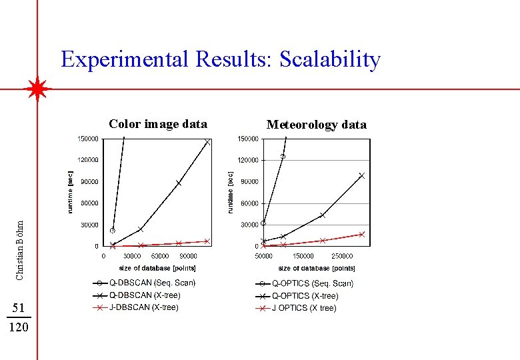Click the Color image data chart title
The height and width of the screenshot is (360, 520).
pyautogui.click(x=158, y=124)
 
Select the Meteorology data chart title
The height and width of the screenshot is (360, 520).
pyautogui.click(x=316, y=125)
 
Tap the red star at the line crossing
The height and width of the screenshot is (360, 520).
pyautogui.click(x=37, y=89)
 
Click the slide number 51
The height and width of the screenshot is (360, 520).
pyautogui.click(x=19, y=307)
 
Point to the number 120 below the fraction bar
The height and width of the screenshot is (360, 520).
pyautogui.click(x=19, y=327)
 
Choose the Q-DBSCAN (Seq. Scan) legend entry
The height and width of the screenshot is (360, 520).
pyautogui.click(x=152, y=283)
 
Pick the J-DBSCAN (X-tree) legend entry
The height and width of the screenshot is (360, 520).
pyautogui.click(x=144, y=307)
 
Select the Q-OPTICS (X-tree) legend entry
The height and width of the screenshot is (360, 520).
pyautogui.click(x=305, y=295)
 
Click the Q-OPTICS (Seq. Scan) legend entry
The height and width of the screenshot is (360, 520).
pyautogui.click(x=312, y=283)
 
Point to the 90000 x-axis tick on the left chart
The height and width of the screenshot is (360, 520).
pyautogui.click(x=188, y=256)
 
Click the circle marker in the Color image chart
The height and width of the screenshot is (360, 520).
pyautogui.click(x=113, y=231)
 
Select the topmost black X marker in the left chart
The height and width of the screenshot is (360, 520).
pyautogui.click(x=207, y=142)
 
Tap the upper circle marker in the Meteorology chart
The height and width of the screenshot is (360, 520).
pyautogui.click(x=283, y=157)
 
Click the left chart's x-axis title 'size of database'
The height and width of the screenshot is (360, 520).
pyautogui.click(x=149, y=268)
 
